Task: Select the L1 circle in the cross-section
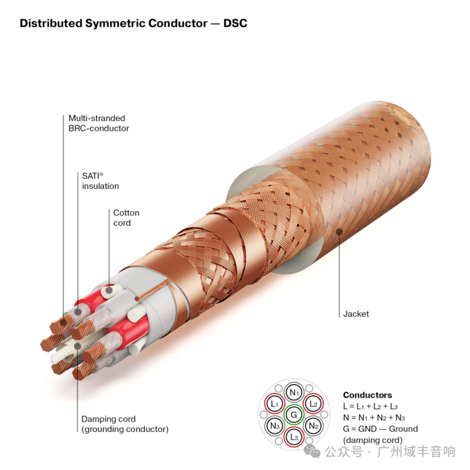(275, 403)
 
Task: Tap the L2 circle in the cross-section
(313, 403)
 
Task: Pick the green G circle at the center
(294, 414)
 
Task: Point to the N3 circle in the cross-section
(275, 426)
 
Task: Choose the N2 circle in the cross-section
(313, 426)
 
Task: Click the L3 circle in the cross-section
(294, 437)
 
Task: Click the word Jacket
(356, 314)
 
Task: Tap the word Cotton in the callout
(126, 213)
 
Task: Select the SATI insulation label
(100, 181)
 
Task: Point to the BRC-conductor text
(98, 128)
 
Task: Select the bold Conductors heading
(367, 395)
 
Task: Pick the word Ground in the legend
(403, 429)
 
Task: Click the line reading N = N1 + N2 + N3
(373, 417)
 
